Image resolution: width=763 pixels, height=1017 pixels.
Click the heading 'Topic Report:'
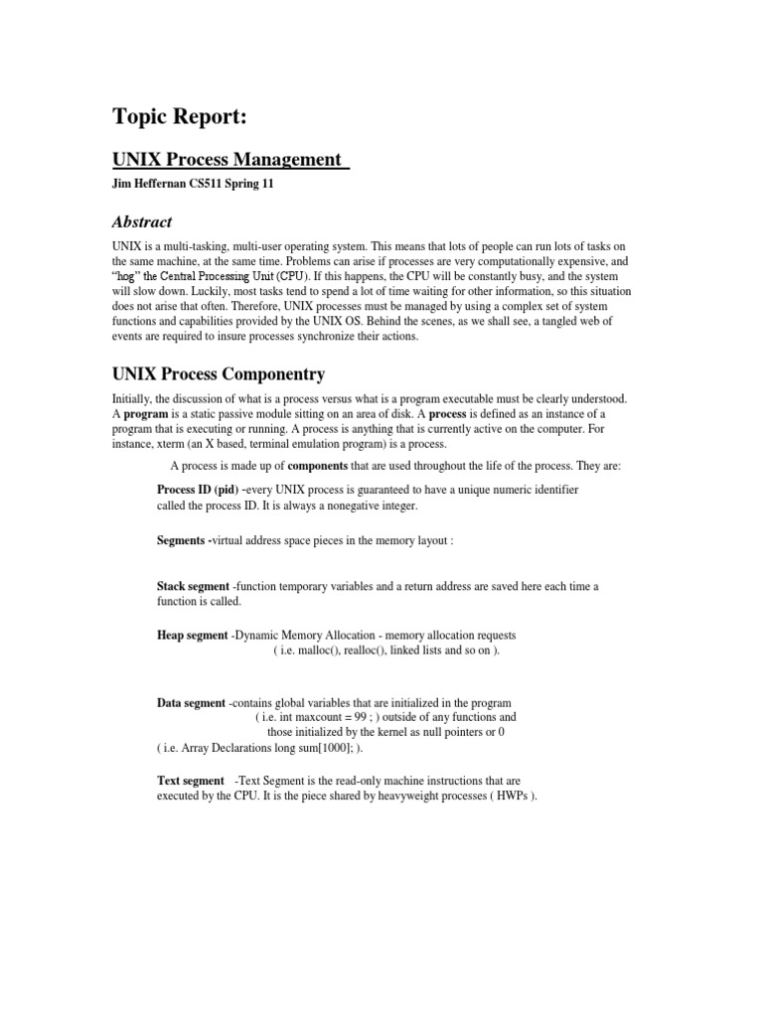pos(179,117)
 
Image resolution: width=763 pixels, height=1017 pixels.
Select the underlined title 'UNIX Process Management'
pos(229,160)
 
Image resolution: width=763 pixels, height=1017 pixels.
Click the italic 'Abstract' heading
pos(143,222)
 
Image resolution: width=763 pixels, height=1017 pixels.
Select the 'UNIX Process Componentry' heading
pos(219,374)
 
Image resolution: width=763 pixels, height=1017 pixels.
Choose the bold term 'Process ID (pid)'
pos(198,490)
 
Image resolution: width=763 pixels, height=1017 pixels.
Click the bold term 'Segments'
pos(183,540)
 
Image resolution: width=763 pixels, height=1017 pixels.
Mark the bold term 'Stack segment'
pos(194,586)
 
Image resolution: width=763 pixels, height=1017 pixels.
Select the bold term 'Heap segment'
pos(193,635)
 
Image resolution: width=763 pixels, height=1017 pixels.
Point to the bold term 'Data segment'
pos(192,702)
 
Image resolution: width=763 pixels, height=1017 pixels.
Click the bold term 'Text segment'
pos(191,781)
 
